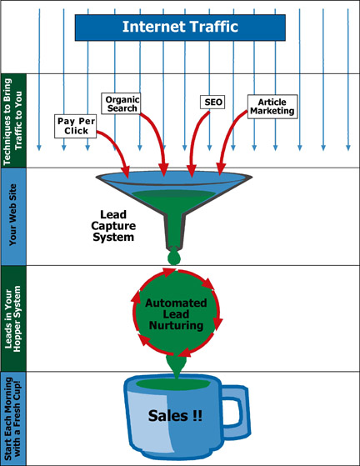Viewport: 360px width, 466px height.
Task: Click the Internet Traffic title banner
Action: (x=180, y=28)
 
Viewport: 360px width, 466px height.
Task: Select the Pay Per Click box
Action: (x=76, y=126)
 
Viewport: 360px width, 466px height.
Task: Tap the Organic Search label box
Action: (x=121, y=103)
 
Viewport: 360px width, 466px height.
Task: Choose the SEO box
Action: (x=212, y=102)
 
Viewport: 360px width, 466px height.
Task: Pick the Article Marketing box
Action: (x=272, y=107)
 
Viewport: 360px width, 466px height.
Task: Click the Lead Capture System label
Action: (x=113, y=226)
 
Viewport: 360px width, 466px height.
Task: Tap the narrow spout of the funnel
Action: (x=174, y=232)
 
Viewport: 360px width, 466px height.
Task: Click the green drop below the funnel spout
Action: (x=174, y=258)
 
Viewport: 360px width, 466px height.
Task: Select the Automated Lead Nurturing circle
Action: (x=177, y=312)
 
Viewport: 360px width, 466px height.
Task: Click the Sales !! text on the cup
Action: (x=175, y=415)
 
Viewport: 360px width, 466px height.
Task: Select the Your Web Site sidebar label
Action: (x=13, y=214)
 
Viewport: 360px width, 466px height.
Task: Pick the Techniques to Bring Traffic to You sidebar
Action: (x=13, y=121)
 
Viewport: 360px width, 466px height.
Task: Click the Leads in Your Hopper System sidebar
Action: (x=13, y=318)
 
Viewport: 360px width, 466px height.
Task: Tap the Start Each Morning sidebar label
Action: (x=13, y=418)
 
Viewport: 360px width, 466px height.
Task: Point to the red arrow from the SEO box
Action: (x=197, y=143)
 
